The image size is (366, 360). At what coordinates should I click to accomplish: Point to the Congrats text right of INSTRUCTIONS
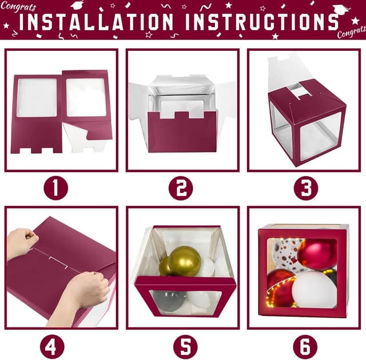tap(349, 32)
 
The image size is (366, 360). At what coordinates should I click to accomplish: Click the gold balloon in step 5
tap(184, 261)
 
